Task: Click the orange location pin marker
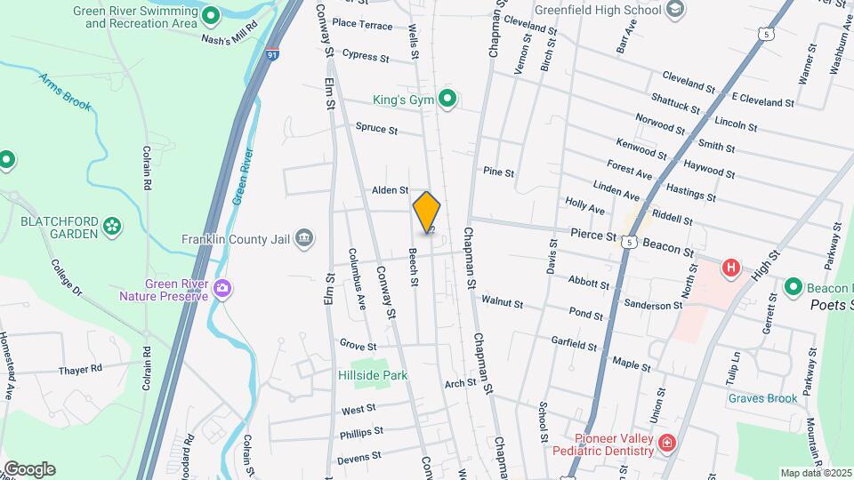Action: coord(427,212)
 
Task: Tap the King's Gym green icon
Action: coord(447,99)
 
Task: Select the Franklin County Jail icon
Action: coord(304,236)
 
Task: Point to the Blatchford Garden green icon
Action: coord(112,226)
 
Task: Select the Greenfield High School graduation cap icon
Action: coord(675,10)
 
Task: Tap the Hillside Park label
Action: coord(373,375)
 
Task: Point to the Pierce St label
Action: coord(592,236)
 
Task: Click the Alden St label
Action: coord(390,190)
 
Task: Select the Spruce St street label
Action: coord(376,129)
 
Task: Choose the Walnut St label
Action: coord(503,302)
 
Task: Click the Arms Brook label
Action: coord(65,92)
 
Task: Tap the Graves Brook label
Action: coord(762,398)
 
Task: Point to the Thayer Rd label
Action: coord(81,368)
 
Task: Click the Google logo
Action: coord(29,468)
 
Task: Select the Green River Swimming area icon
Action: coord(211,15)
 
